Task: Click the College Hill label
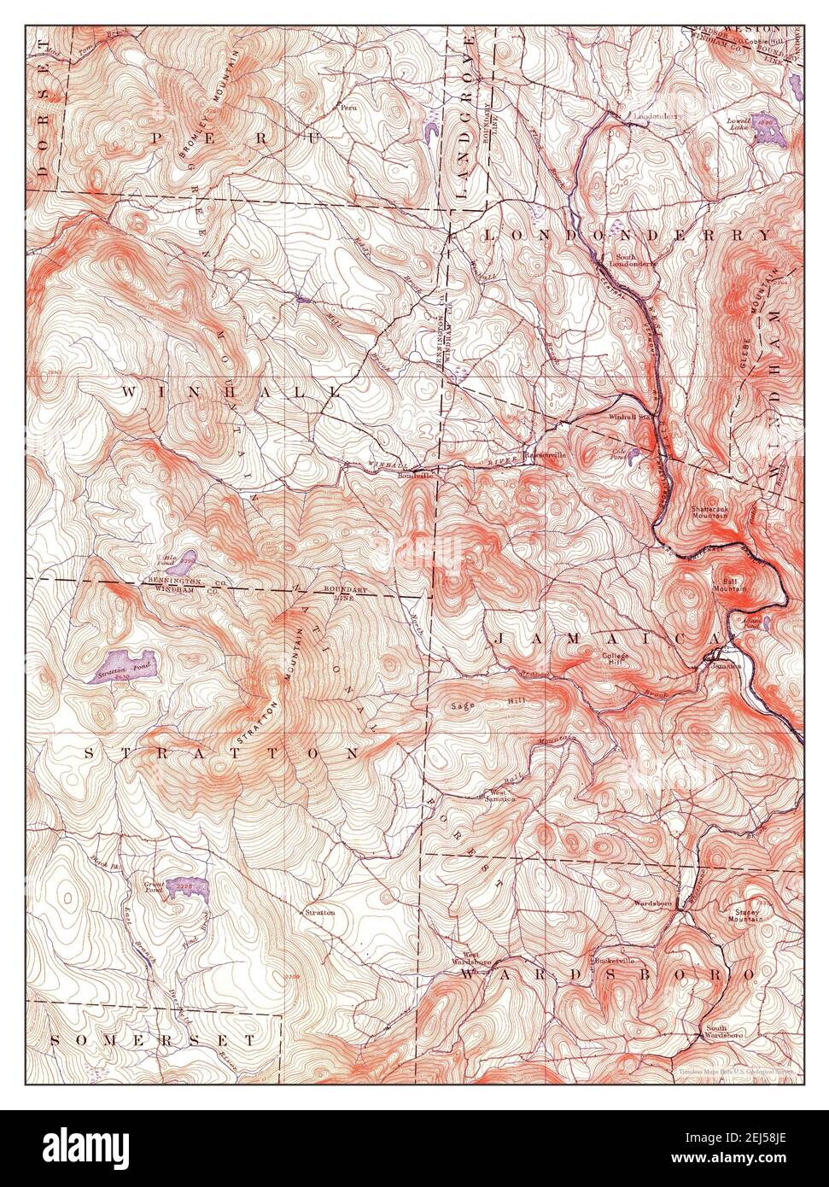pos(615,660)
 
